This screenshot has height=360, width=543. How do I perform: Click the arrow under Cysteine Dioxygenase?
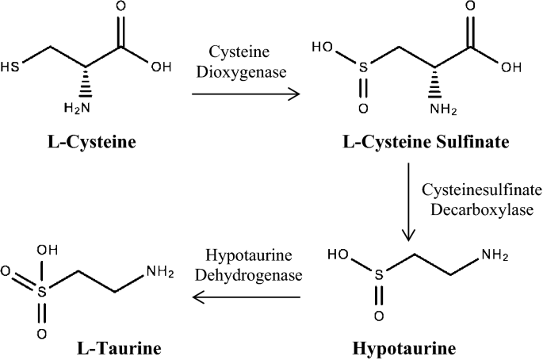tap(247, 94)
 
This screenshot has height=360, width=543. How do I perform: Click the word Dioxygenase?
tap(247, 71)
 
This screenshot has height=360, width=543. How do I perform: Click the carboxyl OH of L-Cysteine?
tap(160, 66)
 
